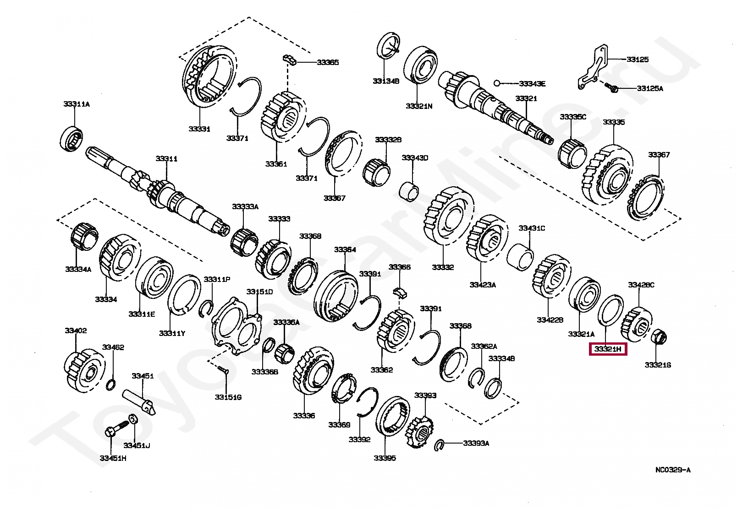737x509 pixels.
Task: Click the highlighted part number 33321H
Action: pyautogui.click(x=608, y=350)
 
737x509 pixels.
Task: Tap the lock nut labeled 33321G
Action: pyautogui.click(x=659, y=337)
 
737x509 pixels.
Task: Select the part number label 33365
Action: pyautogui.click(x=328, y=62)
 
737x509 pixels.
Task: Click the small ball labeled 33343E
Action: pyautogui.click(x=496, y=83)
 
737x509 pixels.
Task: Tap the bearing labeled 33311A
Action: pyautogui.click(x=72, y=138)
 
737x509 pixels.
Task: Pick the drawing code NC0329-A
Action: pyautogui.click(x=672, y=470)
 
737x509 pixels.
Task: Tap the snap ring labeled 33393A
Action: pyautogui.click(x=440, y=444)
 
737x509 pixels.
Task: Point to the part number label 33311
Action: pyautogui.click(x=166, y=159)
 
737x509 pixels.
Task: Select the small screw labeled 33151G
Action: pyautogui.click(x=223, y=370)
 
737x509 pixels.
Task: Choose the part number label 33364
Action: pyautogui.click(x=345, y=249)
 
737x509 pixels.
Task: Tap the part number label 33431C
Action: pyautogui.click(x=532, y=228)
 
